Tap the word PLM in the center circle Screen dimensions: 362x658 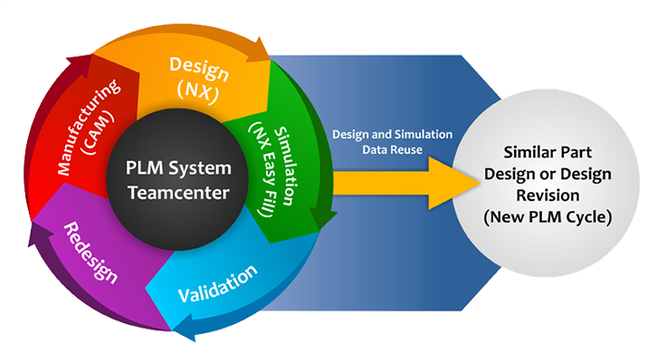point(144,168)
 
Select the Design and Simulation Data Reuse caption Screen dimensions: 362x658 point(391,140)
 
